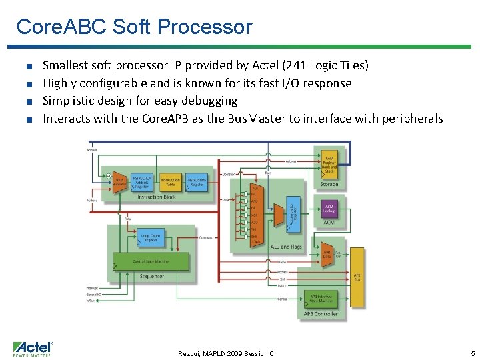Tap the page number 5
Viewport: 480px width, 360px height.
click(x=472, y=353)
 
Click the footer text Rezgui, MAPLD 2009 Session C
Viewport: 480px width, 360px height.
click(x=226, y=353)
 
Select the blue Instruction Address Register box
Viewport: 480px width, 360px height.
click(x=142, y=182)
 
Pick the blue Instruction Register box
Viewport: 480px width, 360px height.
click(x=197, y=182)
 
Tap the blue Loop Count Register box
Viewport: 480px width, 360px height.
click(x=151, y=237)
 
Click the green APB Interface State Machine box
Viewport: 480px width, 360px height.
click(x=323, y=297)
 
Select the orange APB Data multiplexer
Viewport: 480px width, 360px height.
click(x=327, y=255)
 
